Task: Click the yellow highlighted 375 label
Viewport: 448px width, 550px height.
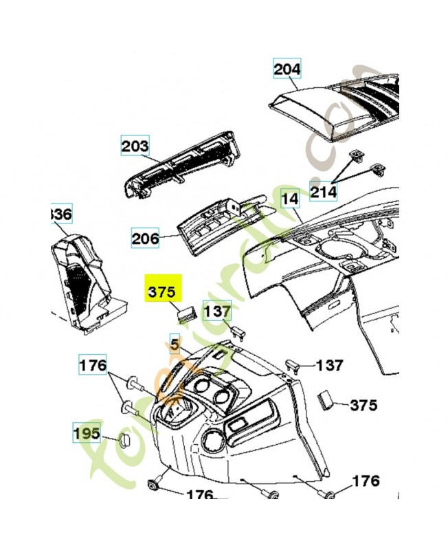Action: click(161, 289)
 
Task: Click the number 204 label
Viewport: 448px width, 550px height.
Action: click(287, 69)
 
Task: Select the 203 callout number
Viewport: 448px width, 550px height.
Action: click(135, 146)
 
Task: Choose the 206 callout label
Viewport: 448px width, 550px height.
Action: click(145, 239)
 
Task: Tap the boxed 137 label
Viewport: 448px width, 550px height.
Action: click(217, 311)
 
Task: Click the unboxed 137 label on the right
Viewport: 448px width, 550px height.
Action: click(331, 366)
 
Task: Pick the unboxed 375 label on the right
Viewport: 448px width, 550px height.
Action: click(364, 405)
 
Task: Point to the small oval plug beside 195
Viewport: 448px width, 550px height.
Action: click(125, 440)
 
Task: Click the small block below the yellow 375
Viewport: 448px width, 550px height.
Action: click(186, 314)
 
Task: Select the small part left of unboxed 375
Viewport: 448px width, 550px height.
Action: click(325, 399)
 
